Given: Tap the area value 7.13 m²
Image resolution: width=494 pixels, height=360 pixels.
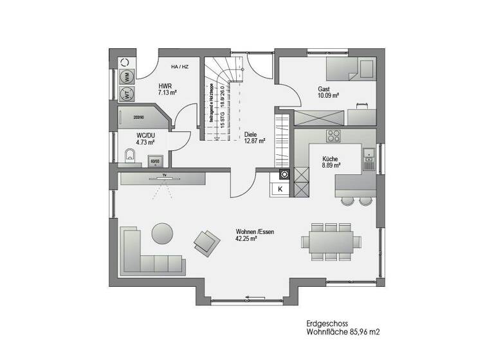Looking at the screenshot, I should (x=167, y=93).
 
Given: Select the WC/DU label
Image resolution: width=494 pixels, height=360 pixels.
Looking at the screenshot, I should (x=145, y=136).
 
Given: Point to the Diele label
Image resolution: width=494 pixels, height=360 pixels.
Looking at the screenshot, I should (x=251, y=135).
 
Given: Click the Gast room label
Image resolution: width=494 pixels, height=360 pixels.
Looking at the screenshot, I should (x=325, y=89).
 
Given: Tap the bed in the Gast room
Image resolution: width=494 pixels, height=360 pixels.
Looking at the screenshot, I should (x=349, y=69).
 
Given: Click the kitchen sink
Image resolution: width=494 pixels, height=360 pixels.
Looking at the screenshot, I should (x=368, y=154).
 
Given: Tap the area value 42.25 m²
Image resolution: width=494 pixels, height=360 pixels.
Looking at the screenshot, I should (x=247, y=239).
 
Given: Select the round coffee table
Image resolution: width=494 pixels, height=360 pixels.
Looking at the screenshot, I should (x=161, y=231).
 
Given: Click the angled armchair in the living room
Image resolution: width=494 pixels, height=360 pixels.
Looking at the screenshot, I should (x=206, y=242).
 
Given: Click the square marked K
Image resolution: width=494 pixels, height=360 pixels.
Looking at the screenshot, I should (x=280, y=188).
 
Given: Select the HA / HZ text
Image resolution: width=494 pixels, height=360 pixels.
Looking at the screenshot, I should (x=179, y=67).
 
